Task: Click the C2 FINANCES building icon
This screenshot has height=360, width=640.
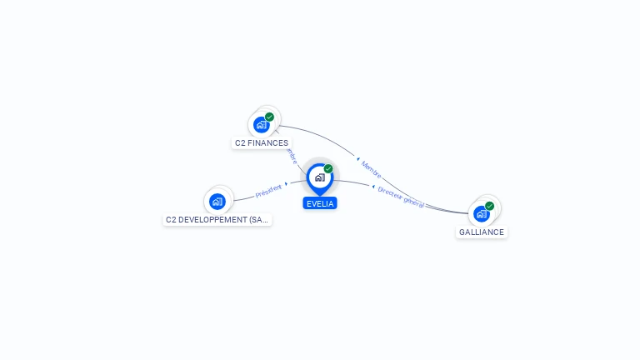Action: pyautogui.click(x=262, y=125)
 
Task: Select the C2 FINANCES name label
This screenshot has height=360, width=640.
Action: pyautogui.click(x=262, y=143)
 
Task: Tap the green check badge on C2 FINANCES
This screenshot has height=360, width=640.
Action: pyautogui.click(x=269, y=117)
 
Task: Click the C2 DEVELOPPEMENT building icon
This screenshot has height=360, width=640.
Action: pyautogui.click(x=217, y=201)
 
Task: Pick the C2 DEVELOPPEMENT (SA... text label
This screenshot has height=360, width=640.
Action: pyautogui.click(x=217, y=220)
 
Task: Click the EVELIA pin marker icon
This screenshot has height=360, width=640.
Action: pyautogui.click(x=319, y=177)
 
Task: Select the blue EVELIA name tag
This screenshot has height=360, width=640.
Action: pyautogui.click(x=320, y=203)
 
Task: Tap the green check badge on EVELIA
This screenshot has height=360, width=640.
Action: pyautogui.click(x=328, y=169)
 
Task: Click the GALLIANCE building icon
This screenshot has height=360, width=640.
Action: pyautogui.click(x=482, y=213)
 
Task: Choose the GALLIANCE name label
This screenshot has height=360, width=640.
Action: pyautogui.click(x=482, y=232)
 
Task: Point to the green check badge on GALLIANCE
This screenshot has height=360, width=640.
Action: pyautogui.click(x=489, y=206)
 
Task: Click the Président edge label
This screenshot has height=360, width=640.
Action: pyautogui.click(x=268, y=192)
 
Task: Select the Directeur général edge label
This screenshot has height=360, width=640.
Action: pyautogui.click(x=401, y=197)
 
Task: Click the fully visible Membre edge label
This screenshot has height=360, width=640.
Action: pyautogui.click(x=372, y=170)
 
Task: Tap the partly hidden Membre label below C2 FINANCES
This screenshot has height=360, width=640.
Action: pyautogui.click(x=292, y=156)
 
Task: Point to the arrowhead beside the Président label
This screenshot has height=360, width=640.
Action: pyautogui.click(x=286, y=183)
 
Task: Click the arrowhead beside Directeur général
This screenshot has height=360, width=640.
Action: pyautogui.click(x=373, y=187)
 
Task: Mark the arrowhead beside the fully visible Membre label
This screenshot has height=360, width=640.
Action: pyautogui.click(x=357, y=158)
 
